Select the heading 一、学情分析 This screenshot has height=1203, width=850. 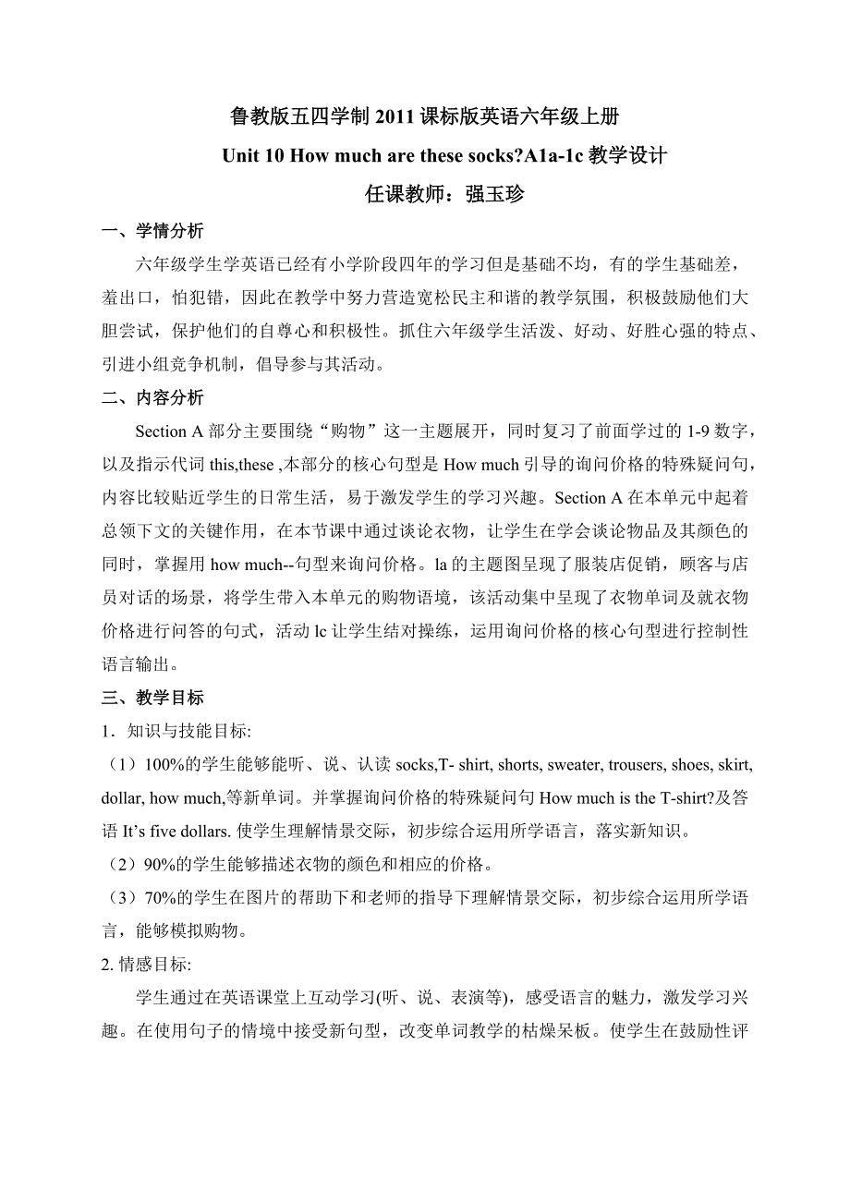coord(152,231)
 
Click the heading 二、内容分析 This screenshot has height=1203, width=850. coord(152,398)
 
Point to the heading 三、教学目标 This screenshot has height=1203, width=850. coord(152,698)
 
